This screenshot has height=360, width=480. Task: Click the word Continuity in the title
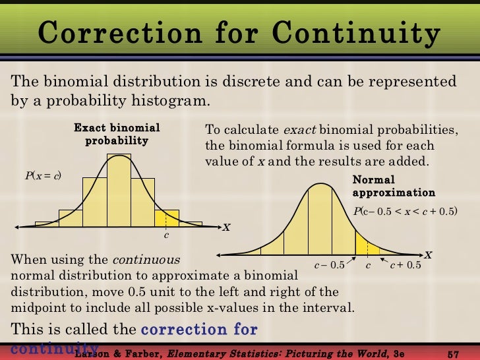click(357, 32)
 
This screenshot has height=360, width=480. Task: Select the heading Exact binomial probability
click(117, 134)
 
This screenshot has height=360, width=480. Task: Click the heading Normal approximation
click(394, 186)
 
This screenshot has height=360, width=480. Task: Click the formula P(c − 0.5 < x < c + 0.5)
click(405, 211)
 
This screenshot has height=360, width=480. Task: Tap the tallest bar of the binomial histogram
click(119, 191)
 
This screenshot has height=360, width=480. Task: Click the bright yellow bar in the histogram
click(167, 218)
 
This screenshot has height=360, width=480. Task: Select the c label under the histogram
click(166, 235)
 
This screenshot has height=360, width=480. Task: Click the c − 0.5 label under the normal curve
click(329, 266)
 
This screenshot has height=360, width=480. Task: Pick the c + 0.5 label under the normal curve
click(405, 266)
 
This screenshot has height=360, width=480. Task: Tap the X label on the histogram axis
click(226, 227)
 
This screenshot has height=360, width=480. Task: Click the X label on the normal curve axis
click(428, 254)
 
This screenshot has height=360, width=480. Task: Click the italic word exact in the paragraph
click(297, 130)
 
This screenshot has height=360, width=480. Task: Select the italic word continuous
click(146, 259)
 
